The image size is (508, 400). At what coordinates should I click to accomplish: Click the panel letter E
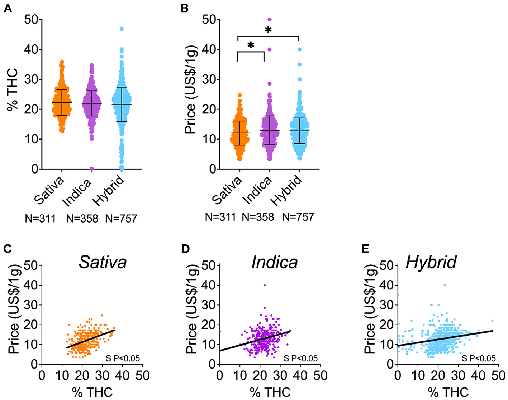365,248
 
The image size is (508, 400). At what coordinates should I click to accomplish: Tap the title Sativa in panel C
103,262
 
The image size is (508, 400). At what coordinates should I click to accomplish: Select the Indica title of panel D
275,262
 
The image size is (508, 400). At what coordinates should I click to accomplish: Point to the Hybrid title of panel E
431,262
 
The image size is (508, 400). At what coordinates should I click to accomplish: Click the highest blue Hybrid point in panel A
122,29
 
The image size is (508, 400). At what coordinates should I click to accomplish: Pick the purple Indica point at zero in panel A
92,169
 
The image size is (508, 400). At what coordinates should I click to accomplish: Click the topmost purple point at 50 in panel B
270,19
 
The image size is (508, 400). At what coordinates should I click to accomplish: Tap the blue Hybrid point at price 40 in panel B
299,49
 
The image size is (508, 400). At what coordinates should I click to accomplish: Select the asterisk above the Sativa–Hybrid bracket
268,30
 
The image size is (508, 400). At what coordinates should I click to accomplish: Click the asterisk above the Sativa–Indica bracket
251,45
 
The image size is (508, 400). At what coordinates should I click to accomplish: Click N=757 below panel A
121,218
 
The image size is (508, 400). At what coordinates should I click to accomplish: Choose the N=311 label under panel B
220,217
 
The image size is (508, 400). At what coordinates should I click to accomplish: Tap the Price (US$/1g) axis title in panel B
191,89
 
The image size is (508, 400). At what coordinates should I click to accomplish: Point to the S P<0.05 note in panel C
122,358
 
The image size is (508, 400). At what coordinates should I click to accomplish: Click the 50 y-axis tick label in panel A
31,20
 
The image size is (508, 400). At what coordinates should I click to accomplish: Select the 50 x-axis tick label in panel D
320,375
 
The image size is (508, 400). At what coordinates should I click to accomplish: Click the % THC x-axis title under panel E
448,392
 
